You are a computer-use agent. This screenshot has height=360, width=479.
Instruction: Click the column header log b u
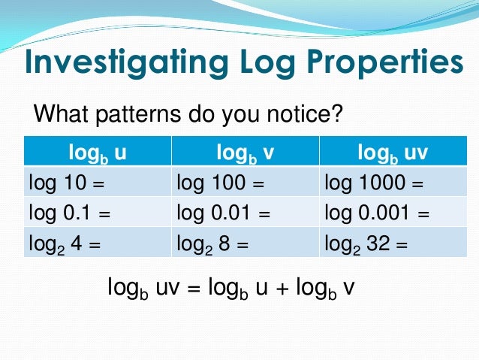(x=98, y=153)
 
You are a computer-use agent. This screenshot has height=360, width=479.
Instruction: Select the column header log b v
(x=245, y=153)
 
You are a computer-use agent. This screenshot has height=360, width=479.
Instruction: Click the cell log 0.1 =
(x=69, y=213)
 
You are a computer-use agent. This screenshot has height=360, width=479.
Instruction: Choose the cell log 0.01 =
(x=222, y=213)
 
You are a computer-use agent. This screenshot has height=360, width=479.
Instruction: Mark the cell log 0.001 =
(x=377, y=213)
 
